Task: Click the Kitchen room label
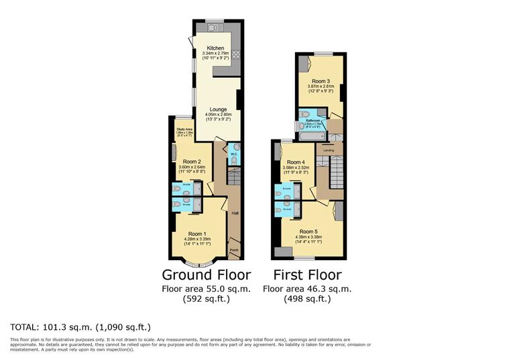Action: click(215, 48)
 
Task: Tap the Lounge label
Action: click(217, 109)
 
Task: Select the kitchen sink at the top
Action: click(215, 27)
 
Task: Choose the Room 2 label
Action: click(192, 162)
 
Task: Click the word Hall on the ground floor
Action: click(235, 214)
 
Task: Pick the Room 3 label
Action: click(320, 80)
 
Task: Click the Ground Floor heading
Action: click(207, 275)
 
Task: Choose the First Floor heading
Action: click(307, 275)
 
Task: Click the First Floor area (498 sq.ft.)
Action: click(307, 299)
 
